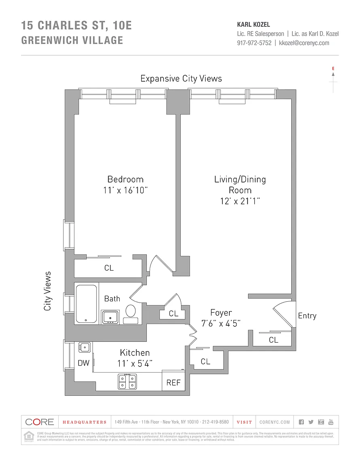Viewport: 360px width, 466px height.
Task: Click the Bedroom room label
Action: [x=125, y=179]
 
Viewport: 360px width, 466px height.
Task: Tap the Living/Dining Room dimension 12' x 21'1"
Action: [x=240, y=201]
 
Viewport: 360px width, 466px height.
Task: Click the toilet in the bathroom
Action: [x=131, y=311]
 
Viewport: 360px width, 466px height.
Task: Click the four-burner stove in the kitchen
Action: [x=127, y=381]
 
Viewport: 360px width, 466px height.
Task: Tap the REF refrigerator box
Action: [x=174, y=382]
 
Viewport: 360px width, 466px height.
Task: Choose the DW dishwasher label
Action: [x=83, y=363]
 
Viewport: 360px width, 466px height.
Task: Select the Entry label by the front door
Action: [x=307, y=316]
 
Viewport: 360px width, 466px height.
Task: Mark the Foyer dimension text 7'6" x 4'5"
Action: [x=221, y=323]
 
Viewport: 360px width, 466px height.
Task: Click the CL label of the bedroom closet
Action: [x=109, y=268]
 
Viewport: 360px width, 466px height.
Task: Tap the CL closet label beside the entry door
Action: [x=273, y=340]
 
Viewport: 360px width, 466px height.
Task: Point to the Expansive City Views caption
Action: [x=181, y=78]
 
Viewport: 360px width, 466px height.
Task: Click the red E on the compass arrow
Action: [x=333, y=69]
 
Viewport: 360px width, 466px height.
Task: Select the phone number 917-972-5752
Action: [x=254, y=43]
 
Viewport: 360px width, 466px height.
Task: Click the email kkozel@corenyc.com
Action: [x=304, y=43]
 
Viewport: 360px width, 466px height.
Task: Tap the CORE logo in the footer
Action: [x=40, y=422]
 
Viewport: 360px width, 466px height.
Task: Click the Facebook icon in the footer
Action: [x=301, y=422]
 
